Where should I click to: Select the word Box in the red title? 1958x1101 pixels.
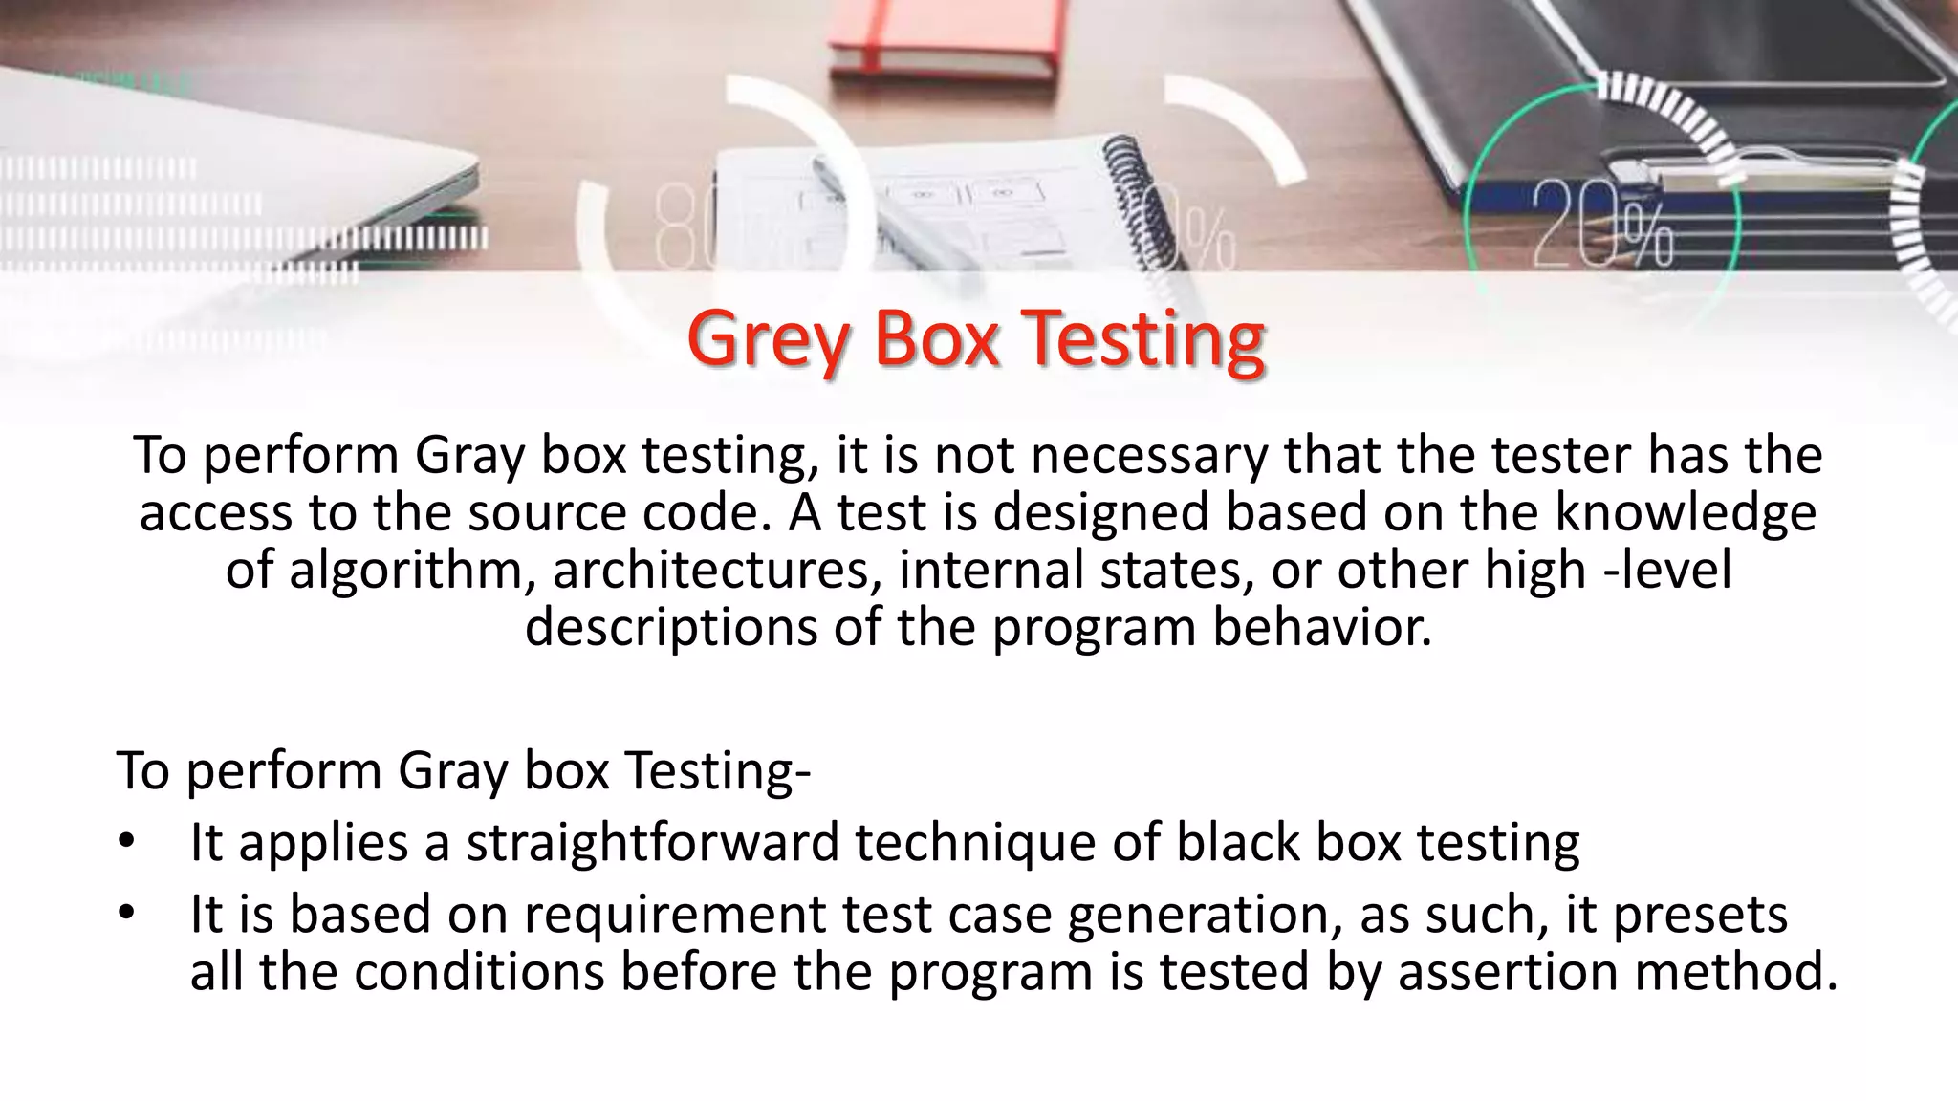[x=937, y=338]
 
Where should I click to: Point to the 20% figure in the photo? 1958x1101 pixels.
[x=1603, y=226]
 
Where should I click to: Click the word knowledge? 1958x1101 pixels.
[x=1685, y=512]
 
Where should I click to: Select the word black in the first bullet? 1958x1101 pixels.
[x=1237, y=843]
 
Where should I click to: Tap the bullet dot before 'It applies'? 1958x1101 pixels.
[x=125, y=843]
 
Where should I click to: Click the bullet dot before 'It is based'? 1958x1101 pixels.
[x=125, y=915]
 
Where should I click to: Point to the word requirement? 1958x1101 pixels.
[x=674, y=915]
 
